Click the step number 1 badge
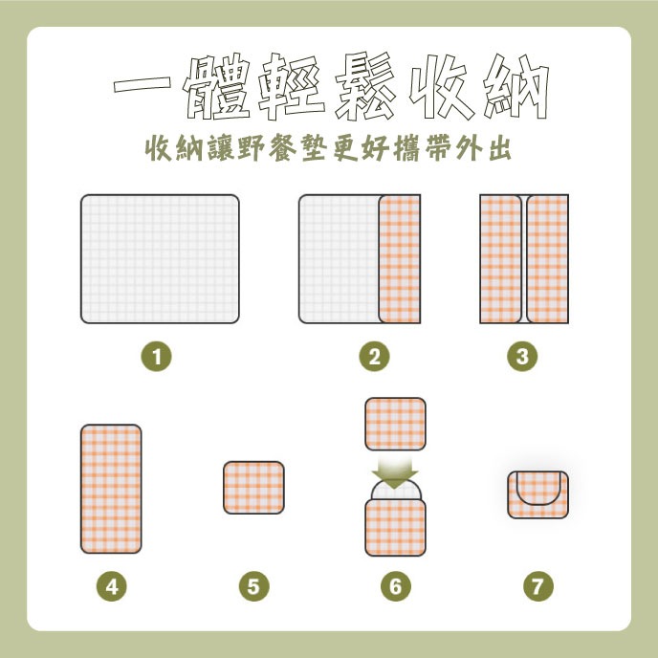click(x=156, y=357)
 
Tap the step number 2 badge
click(x=374, y=357)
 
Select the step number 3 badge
click(x=522, y=357)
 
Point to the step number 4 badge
click(x=112, y=586)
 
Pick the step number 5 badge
click(x=254, y=586)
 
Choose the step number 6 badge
click(x=396, y=586)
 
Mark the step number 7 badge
click(x=538, y=586)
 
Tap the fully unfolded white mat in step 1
click(x=160, y=259)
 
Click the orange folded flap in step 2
click(x=400, y=259)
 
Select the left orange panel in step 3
click(x=500, y=259)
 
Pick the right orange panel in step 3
click(x=548, y=259)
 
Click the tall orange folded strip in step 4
click(x=111, y=489)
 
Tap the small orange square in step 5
click(x=253, y=488)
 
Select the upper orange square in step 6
click(x=395, y=425)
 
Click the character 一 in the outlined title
click(x=143, y=84)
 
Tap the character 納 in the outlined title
click(x=516, y=87)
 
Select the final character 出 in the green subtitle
click(x=500, y=148)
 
